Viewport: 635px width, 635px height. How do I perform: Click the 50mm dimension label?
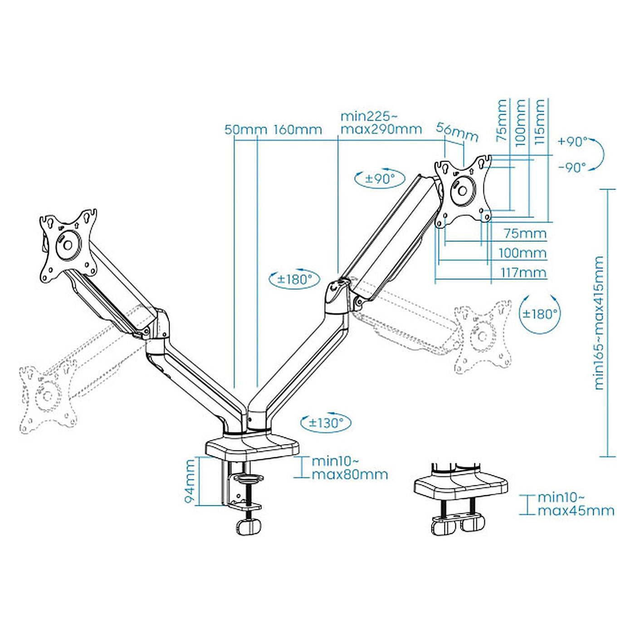[x=245, y=130]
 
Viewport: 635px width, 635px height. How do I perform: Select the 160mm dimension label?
[x=298, y=130]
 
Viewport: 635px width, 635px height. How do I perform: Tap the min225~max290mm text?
[x=381, y=122]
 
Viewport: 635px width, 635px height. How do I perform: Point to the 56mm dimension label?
[x=457, y=132]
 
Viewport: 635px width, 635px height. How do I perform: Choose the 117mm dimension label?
[x=523, y=273]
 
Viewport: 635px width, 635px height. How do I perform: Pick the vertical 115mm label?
[x=539, y=122]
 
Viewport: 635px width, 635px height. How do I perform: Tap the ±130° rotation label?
[x=326, y=422]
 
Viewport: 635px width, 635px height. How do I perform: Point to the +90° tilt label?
[x=572, y=142]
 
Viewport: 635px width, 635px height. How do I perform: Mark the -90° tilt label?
[x=573, y=168]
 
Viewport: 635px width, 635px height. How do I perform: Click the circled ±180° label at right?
[x=539, y=313]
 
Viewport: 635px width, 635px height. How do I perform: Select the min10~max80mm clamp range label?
[x=349, y=468]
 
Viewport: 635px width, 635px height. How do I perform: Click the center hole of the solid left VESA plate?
[x=68, y=244]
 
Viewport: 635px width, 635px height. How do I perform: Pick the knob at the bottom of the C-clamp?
[x=249, y=527]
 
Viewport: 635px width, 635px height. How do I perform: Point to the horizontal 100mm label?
[x=523, y=254]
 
